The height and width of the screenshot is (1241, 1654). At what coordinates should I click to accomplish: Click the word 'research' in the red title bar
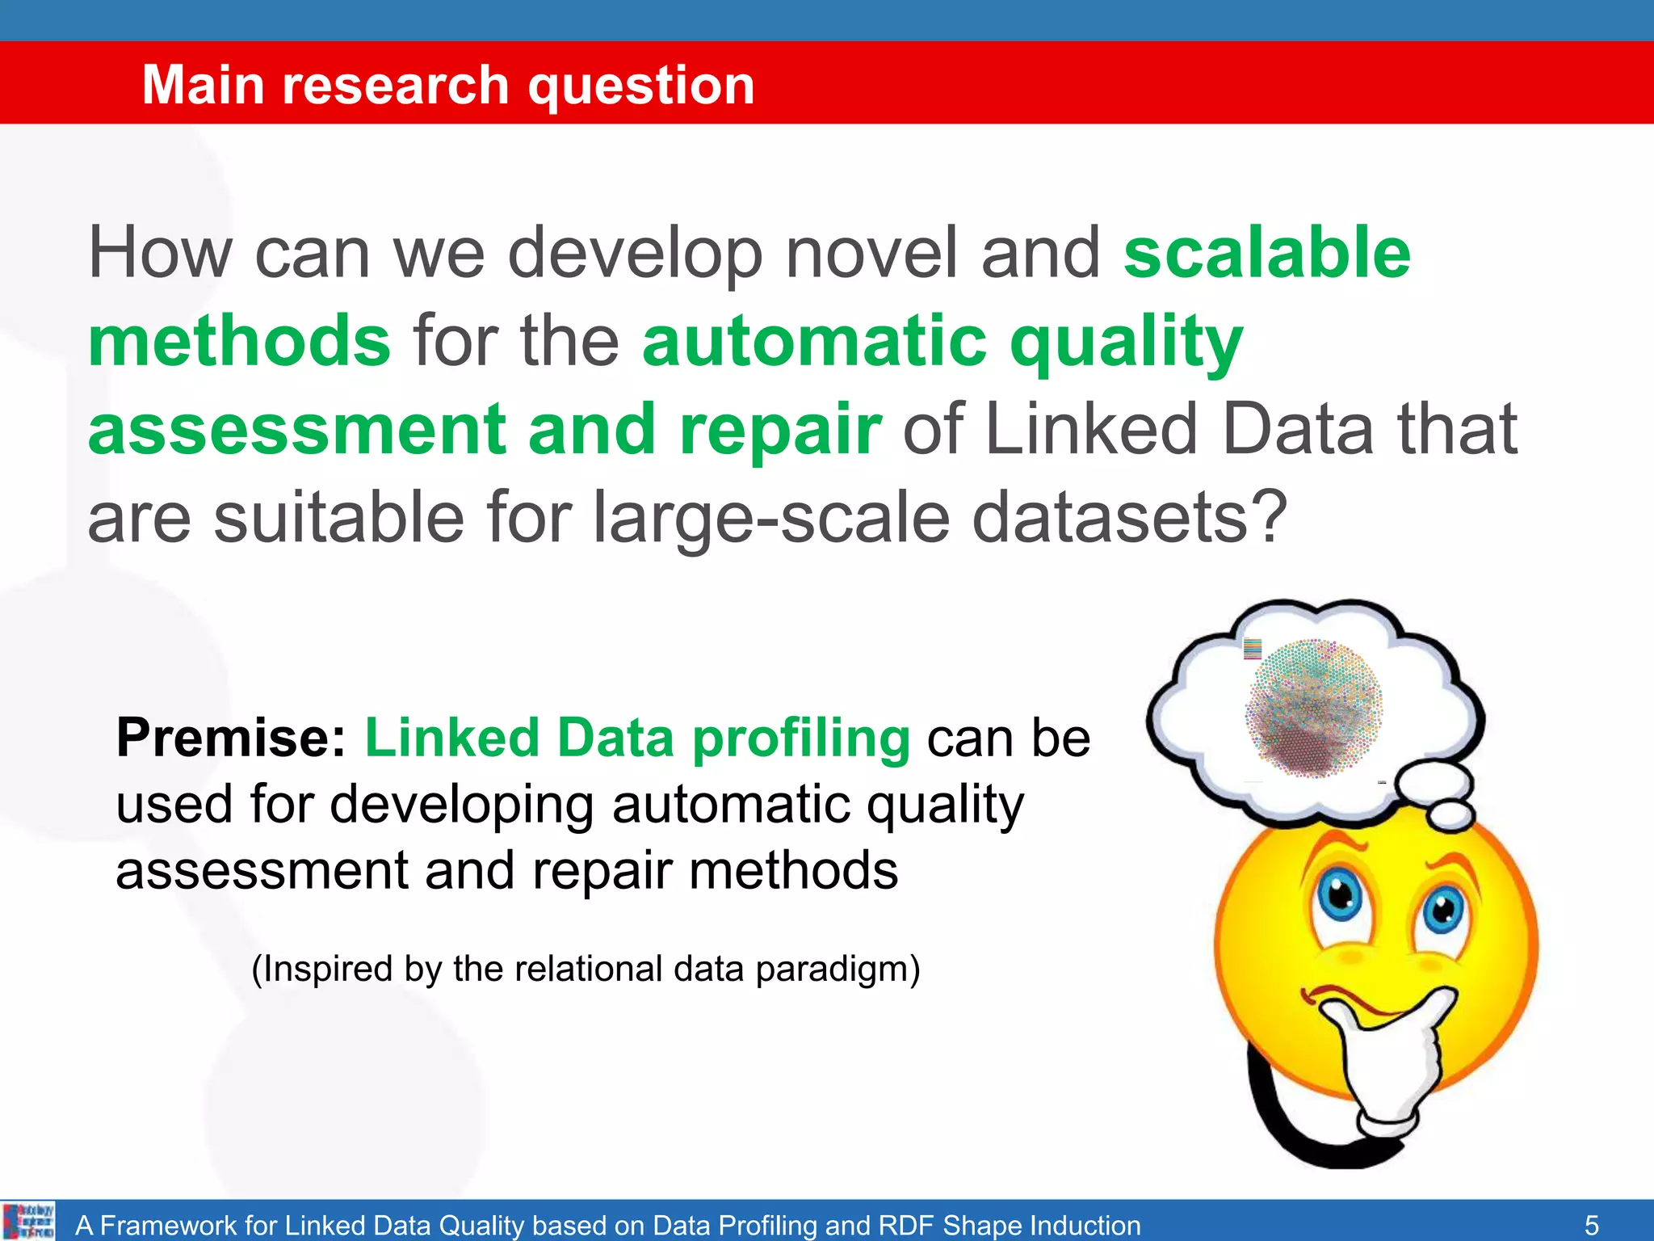point(396,85)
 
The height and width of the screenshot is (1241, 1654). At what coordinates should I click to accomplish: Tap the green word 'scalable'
point(1266,253)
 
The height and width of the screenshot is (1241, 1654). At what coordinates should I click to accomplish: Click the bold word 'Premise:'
point(231,738)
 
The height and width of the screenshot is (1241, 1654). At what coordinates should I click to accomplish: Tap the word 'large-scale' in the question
point(771,519)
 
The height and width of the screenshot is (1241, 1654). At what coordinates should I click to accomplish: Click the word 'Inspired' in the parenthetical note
point(326,969)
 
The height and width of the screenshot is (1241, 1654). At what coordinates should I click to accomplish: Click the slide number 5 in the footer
point(1591,1225)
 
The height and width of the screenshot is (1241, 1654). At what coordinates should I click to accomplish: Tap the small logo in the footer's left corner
point(29,1221)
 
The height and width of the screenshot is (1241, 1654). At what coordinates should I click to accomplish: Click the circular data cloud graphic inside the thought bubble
point(1313,709)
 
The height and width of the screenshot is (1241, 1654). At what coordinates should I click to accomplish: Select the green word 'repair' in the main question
point(780,429)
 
